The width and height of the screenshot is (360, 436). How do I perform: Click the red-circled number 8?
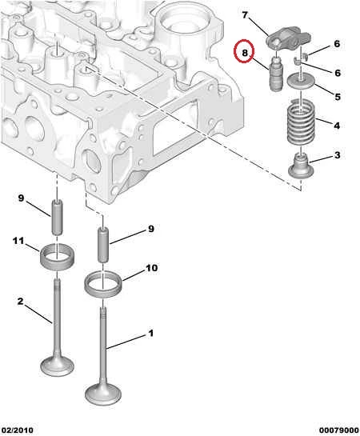(244, 53)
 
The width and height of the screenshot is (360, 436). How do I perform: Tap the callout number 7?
(245, 15)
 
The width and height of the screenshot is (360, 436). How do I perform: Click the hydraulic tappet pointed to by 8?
(275, 74)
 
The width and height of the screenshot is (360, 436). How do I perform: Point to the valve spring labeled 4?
(301, 122)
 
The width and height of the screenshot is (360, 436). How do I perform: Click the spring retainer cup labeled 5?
(301, 81)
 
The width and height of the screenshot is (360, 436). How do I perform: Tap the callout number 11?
(18, 241)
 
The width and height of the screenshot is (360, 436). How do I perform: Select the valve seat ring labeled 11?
(58, 257)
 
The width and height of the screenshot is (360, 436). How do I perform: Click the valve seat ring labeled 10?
(102, 285)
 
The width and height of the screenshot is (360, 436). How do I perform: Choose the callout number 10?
(151, 268)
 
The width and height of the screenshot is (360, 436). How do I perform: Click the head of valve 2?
(58, 365)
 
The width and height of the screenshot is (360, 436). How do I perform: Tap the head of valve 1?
(103, 394)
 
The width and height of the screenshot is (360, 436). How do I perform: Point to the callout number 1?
(150, 333)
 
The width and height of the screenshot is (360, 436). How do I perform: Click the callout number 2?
(20, 301)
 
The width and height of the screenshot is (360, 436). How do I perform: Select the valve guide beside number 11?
(57, 218)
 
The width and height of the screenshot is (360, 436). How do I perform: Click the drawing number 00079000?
(339, 430)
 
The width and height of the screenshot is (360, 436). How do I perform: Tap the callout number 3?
(338, 155)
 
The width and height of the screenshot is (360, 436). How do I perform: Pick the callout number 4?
(337, 126)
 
